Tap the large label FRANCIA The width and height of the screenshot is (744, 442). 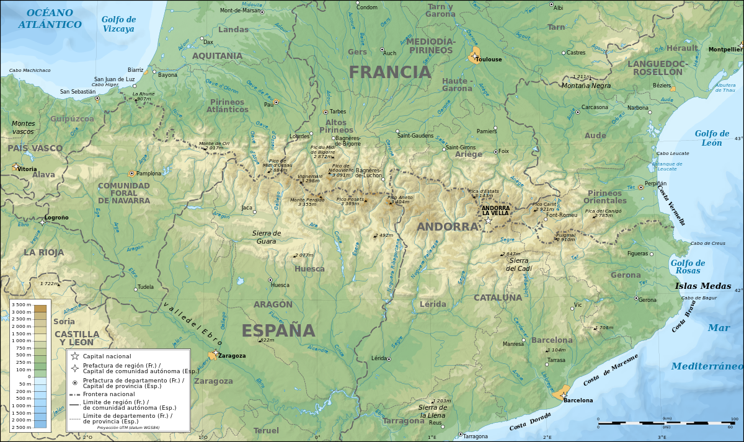389,72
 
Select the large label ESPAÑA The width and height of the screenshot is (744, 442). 278,330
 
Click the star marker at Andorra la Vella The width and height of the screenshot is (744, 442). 489,220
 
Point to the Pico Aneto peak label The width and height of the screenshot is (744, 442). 399,200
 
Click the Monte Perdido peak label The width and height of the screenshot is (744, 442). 307,201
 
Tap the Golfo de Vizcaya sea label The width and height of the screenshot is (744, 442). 118,24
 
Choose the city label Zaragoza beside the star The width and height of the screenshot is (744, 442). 232,356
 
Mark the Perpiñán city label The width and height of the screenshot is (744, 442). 655,183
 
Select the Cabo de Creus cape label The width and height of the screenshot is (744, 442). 707,243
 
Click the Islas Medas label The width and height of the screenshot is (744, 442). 702,286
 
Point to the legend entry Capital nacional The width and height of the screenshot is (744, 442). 107,356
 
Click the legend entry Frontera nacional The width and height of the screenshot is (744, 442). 108,394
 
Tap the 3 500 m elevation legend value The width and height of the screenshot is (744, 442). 21,305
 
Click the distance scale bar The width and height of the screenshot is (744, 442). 663,422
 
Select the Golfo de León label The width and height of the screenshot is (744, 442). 712,138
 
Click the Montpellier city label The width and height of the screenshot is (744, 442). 725,49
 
